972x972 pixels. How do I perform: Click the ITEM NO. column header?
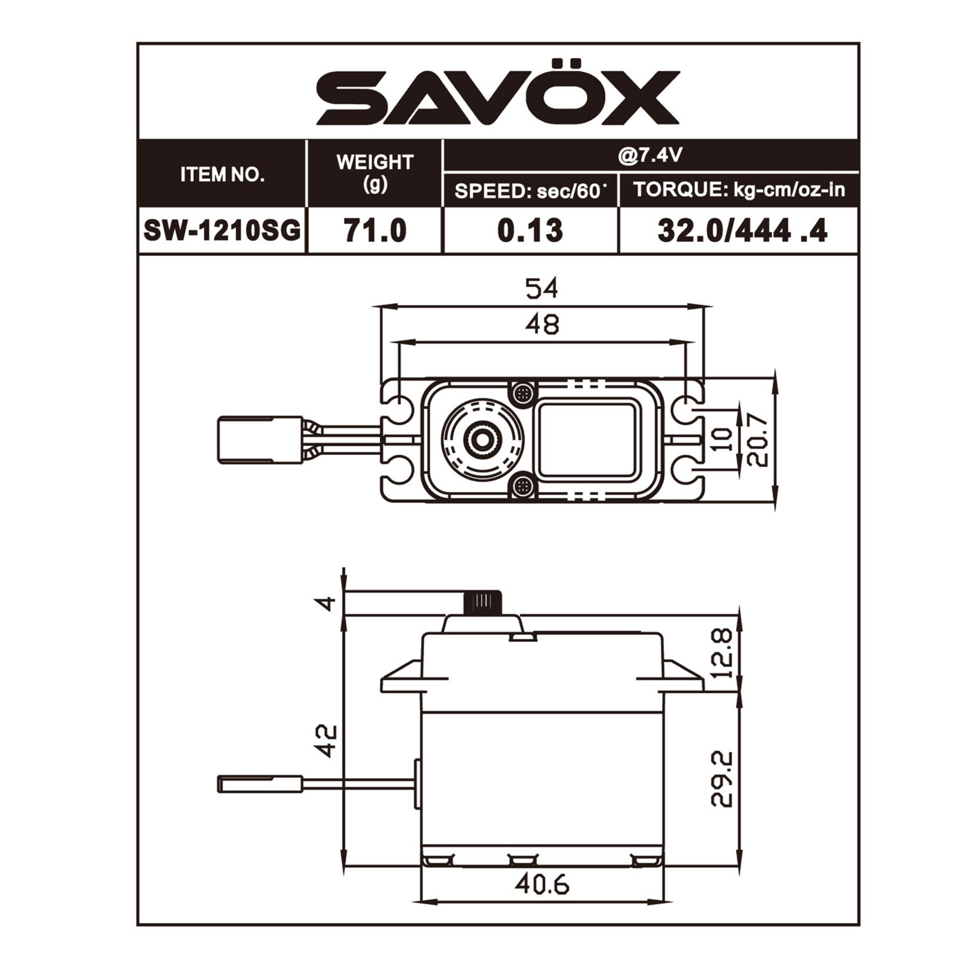pyautogui.click(x=222, y=175)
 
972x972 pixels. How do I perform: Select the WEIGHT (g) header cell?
pyautogui.click(x=374, y=172)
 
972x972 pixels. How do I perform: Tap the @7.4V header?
pyautogui.click(x=650, y=155)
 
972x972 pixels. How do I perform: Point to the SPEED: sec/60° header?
pyautogui.click(x=530, y=191)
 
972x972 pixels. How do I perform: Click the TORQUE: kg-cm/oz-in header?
pyautogui.click(x=738, y=190)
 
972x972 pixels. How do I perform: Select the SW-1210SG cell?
pyautogui.click(x=222, y=230)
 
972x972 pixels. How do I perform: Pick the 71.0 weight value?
pyautogui.click(x=375, y=230)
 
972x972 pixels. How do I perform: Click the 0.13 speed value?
pyautogui.click(x=530, y=230)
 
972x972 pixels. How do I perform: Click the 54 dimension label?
pyautogui.click(x=541, y=289)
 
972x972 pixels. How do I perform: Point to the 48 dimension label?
pyautogui.click(x=542, y=324)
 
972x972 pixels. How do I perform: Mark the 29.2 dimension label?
pyautogui.click(x=722, y=778)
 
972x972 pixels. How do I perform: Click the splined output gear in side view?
pyautogui.click(x=483, y=602)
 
